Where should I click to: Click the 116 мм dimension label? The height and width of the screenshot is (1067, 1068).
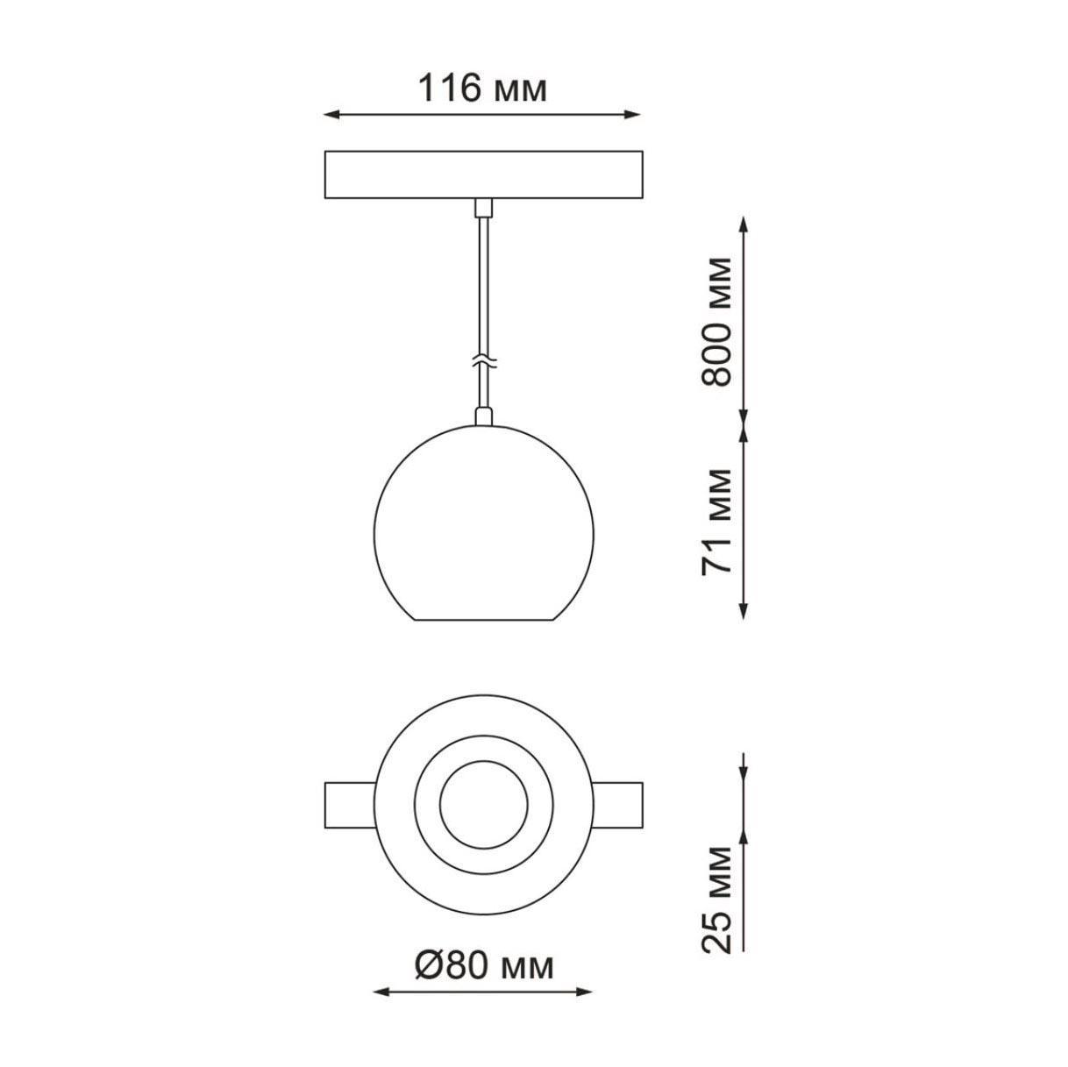tap(482, 89)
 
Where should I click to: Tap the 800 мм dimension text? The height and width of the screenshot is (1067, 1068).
tap(716, 321)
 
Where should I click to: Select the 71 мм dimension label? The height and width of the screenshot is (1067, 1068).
tap(716, 521)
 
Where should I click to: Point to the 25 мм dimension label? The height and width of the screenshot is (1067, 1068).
tap(716, 899)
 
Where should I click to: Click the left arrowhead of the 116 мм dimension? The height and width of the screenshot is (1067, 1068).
tap(331, 115)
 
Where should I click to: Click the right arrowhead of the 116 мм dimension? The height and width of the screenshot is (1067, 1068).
tap(632, 115)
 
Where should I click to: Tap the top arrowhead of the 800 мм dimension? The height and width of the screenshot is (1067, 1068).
tap(744, 224)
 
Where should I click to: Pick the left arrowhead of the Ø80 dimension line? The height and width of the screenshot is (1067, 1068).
tap(381, 1023)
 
